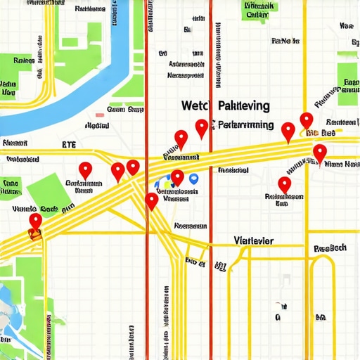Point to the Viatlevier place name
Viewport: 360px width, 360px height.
coord(253,240)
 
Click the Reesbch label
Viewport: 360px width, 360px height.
coord(330,248)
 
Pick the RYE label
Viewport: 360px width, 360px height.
coord(69,145)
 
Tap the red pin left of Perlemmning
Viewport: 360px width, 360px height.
coord(202,127)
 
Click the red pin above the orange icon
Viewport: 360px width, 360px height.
coord(35,221)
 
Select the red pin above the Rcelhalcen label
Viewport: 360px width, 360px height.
coord(284,184)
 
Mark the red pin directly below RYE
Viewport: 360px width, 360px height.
coord(85,169)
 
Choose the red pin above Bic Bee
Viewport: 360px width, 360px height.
coord(306,120)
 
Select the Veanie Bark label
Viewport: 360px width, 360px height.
coord(34,209)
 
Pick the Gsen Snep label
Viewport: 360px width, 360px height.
coord(125,110)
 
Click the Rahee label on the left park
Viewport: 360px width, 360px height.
coord(24,61)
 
